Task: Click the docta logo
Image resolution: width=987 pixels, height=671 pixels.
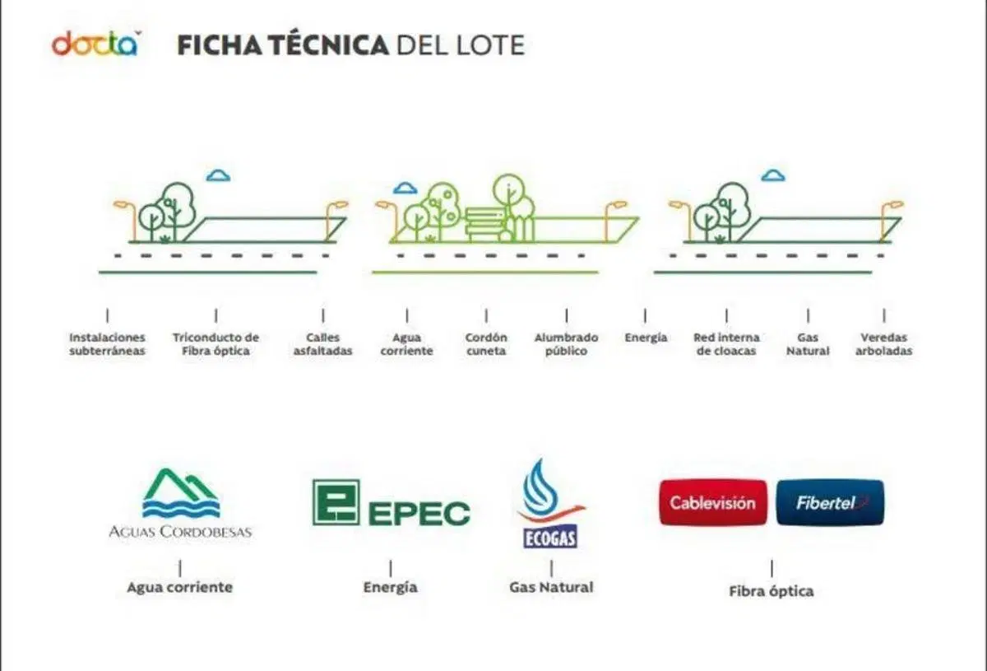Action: click(96, 44)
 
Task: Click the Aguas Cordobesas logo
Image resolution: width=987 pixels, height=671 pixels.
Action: click(180, 503)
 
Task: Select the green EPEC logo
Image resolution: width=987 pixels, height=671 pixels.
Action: click(392, 503)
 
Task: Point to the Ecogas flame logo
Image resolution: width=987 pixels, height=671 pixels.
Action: click(550, 503)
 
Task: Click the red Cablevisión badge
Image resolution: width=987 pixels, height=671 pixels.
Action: click(713, 502)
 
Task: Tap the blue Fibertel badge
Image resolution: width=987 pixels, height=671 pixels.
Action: click(830, 502)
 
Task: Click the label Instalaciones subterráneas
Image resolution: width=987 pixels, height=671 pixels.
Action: click(107, 344)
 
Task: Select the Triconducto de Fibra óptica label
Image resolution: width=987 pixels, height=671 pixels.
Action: click(215, 344)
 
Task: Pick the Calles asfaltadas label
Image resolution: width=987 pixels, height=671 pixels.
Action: click(323, 344)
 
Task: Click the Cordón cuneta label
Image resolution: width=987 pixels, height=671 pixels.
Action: click(486, 344)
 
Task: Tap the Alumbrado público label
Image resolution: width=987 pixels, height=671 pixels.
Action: click(566, 344)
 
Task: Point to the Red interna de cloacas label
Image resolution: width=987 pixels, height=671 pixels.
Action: click(726, 344)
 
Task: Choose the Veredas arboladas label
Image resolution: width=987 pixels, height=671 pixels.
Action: click(884, 344)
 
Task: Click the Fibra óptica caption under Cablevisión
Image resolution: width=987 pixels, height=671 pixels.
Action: click(772, 591)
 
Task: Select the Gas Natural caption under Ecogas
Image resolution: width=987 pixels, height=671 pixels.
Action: click(551, 587)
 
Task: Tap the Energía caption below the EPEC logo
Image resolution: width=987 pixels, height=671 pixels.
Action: click(391, 588)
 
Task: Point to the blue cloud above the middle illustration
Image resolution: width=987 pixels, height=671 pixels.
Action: click(405, 189)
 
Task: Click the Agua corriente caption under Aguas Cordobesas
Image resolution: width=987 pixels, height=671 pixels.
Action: click(180, 587)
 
